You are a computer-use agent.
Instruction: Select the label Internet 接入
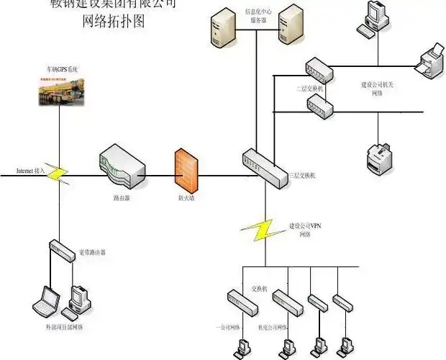pyautogui.click(x=31, y=171)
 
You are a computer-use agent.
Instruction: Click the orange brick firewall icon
pyautogui.click(x=185, y=168)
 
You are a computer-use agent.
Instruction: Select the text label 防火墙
pyautogui.click(x=185, y=196)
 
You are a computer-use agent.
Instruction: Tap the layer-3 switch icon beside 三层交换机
pyautogui.click(x=263, y=167)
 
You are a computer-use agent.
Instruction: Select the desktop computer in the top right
pyautogui.click(x=377, y=19)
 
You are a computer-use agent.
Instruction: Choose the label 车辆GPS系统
pyautogui.click(x=62, y=69)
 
